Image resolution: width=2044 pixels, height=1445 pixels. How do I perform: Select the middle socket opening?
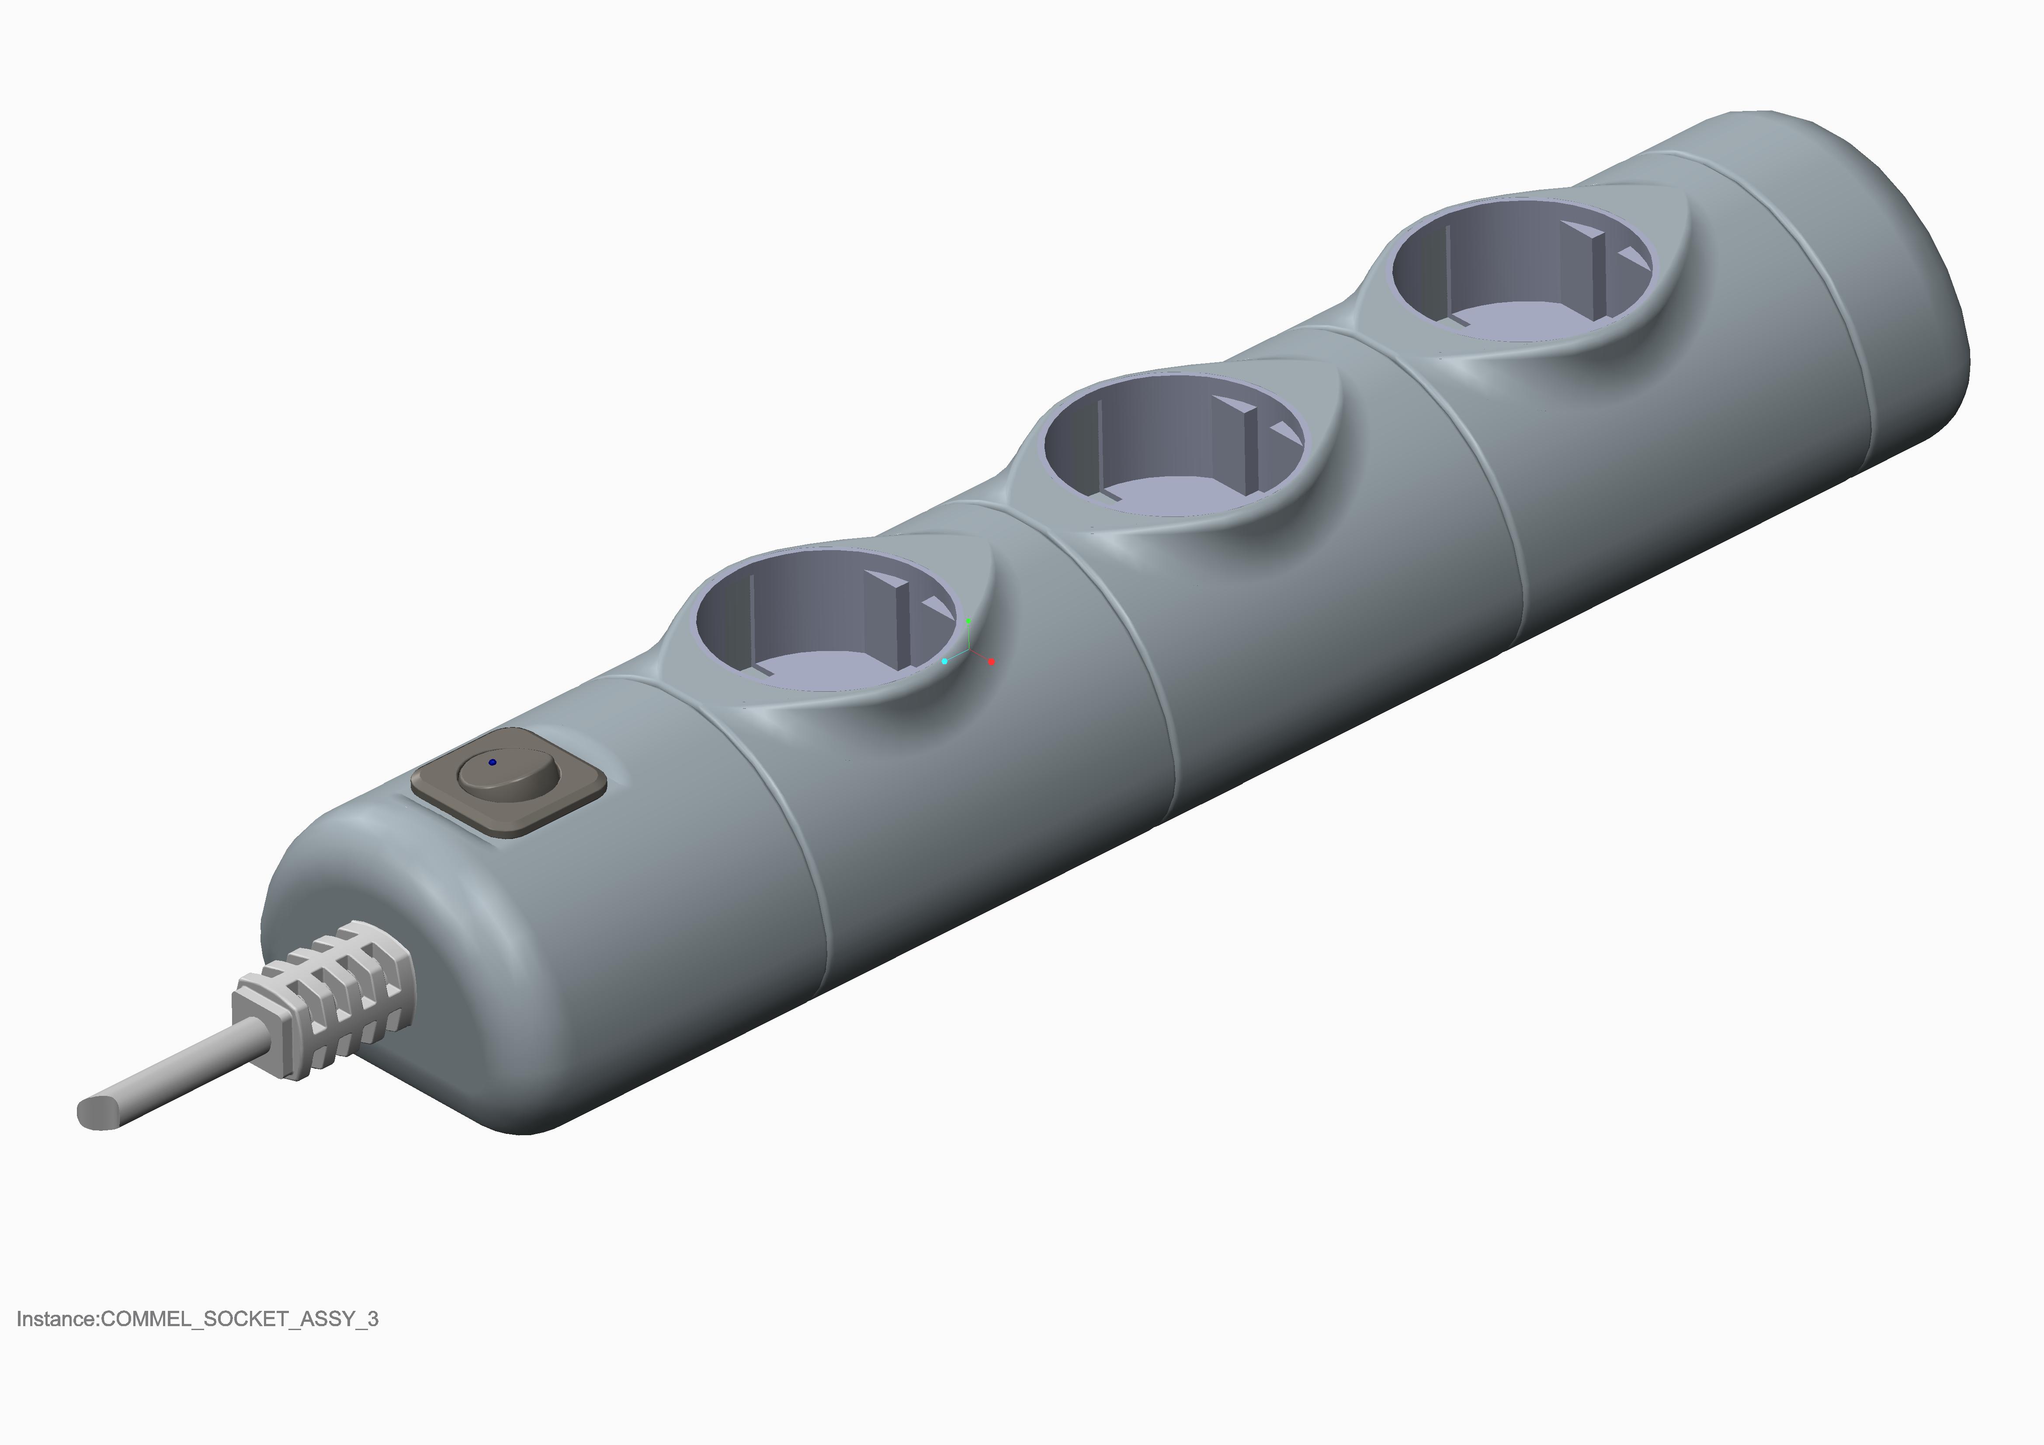pyautogui.click(x=1173, y=445)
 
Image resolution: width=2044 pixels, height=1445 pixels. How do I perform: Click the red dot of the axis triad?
pyautogui.click(x=992, y=662)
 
